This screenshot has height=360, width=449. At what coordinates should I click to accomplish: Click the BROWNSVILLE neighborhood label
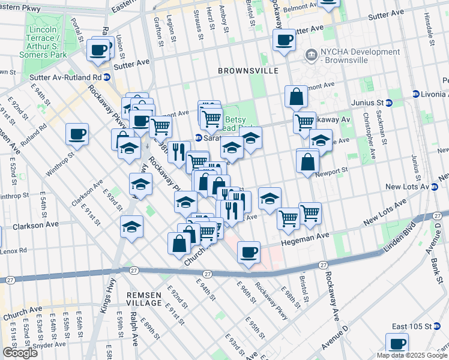pyautogui.click(x=248, y=71)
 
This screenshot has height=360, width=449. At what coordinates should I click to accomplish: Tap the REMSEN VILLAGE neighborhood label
pyautogui.click(x=144, y=299)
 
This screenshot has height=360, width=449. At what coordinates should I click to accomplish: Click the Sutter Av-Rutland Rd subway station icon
pyautogui.click(x=106, y=77)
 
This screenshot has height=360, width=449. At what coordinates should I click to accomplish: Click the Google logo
pyautogui.click(x=20, y=353)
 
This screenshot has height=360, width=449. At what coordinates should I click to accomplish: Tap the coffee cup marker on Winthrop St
pyautogui.click(x=77, y=134)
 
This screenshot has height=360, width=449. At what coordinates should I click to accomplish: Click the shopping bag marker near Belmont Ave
pyautogui.click(x=297, y=96)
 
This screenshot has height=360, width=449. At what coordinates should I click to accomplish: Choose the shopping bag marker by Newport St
pyautogui.click(x=307, y=161)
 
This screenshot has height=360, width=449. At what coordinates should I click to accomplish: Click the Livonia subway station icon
pyautogui.click(x=415, y=94)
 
